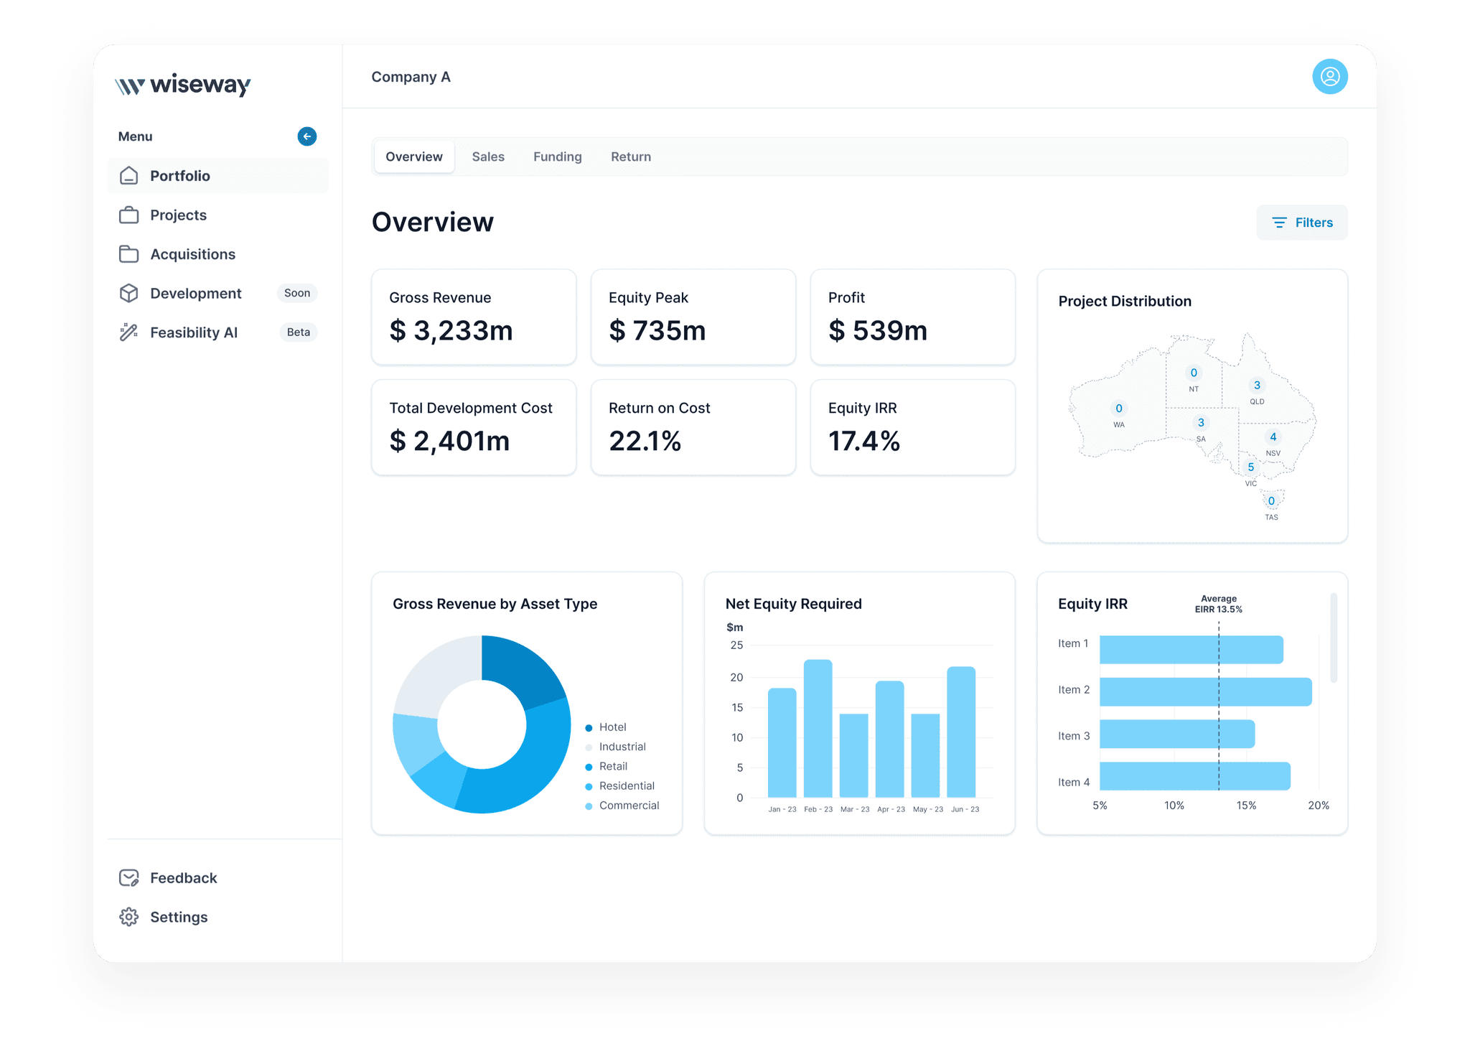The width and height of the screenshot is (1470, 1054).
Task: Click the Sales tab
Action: tap(488, 157)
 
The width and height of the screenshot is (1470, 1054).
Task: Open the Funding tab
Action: tap(557, 157)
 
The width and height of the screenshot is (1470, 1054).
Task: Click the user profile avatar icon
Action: tap(1330, 77)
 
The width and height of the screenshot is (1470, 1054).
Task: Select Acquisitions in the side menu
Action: tap(192, 254)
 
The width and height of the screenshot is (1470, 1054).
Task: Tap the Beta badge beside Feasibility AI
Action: tap(299, 332)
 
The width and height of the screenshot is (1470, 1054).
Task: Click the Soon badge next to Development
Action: tap(297, 293)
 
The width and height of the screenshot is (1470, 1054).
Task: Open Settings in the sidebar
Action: tap(178, 917)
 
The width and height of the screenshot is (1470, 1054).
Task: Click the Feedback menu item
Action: tap(183, 878)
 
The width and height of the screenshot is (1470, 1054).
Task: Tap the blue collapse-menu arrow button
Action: tap(307, 136)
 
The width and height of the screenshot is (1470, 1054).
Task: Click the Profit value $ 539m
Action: tap(878, 331)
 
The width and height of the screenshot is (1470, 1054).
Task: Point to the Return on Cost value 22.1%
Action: tap(645, 441)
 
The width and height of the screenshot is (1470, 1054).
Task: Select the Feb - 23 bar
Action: tap(818, 728)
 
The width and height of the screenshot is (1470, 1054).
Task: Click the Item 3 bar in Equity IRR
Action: tap(1177, 734)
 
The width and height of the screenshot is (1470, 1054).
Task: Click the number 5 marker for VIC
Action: tap(1251, 467)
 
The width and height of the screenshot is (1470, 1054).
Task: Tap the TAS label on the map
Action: tap(1271, 517)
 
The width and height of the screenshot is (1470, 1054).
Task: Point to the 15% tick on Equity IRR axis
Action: tap(1246, 806)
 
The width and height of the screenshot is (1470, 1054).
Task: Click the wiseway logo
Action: tap(183, 85)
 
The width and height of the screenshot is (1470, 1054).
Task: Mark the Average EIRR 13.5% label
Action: tap(1219, 604)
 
